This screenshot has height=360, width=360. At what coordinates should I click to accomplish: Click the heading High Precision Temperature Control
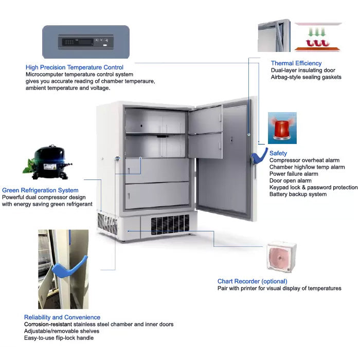[75, 67]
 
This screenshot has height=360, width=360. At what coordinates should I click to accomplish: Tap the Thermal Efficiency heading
[296, 63]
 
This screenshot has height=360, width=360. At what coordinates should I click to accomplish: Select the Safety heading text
[278, 153]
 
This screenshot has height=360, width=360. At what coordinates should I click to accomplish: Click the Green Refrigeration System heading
[40, 190]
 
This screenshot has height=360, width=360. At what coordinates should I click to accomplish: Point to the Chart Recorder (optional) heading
[252, 281]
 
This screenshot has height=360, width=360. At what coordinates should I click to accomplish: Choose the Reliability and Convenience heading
[62, 317]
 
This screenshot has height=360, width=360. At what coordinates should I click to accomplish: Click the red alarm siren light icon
[282, 128]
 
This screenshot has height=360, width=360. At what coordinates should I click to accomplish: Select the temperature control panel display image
[85, 42]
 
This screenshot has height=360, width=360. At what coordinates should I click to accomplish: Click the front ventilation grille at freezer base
[170, 225]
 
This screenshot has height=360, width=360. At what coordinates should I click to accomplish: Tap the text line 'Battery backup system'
[298, 194]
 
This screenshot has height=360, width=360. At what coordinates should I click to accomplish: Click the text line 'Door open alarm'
[290, 181]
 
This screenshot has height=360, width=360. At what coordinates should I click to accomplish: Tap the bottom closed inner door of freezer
[156, 195]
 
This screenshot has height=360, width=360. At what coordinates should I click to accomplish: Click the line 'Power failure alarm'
[294, 174]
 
